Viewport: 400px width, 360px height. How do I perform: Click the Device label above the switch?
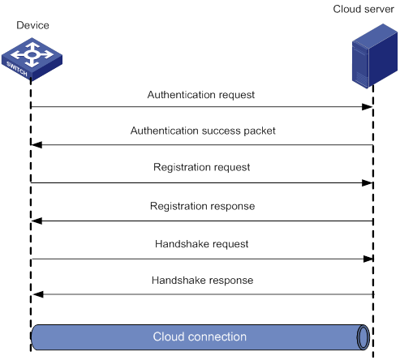(x=32, y=25)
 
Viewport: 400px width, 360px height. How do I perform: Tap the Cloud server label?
(x=363, y=9)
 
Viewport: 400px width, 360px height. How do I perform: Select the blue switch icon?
(x=32, y=59)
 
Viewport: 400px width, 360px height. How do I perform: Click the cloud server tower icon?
(x=375, y=56)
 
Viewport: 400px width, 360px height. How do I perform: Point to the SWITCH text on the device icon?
(x=17, y=69)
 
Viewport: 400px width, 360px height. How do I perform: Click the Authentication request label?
(x=201, y=95)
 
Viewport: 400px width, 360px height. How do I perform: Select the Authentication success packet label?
(x=203, y=131)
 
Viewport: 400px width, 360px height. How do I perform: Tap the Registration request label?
(x=201, y=167)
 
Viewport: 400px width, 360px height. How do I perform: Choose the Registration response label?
(x=202, y=206)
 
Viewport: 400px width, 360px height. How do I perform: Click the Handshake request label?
(x=201, y=244)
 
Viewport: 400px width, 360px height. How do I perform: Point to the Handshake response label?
(x=202, y=281)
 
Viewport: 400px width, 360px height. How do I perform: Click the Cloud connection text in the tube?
(x=200, y=336)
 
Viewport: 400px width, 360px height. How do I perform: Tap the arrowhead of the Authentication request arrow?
(x=368, y=107)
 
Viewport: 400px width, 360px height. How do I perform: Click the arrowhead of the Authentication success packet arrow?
(x=37, y=145)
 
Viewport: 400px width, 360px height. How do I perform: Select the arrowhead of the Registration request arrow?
(x=368, y=183)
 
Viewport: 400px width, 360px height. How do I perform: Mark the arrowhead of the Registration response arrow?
(x=37, y=221)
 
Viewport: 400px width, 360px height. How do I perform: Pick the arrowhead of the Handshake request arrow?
(x=368, y=259)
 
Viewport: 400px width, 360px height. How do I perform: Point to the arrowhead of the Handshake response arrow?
(x=38, y=294)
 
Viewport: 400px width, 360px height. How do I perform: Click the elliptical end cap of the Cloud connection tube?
(x=363, y=337)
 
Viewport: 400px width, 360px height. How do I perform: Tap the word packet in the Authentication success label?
(x=260, y=131)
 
